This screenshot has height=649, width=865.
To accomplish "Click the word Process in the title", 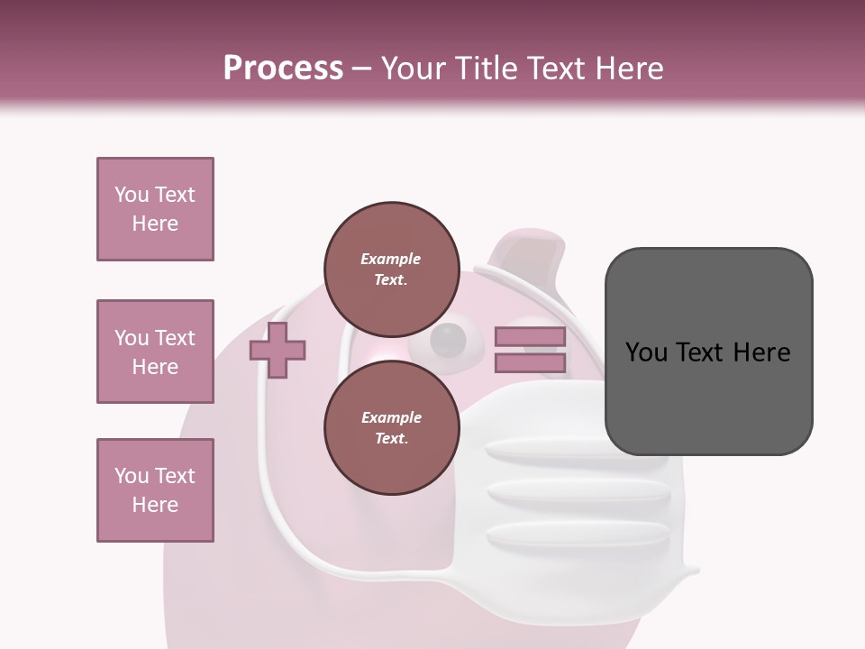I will [283, 69].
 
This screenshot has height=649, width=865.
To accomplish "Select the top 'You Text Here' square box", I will [155, 209].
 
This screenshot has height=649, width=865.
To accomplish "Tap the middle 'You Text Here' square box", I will [155, 352].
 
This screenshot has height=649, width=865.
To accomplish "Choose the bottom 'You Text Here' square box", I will [155, 490].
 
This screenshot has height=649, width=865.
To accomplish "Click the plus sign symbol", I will [278, 350].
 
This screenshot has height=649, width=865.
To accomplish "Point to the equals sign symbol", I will [530, 350].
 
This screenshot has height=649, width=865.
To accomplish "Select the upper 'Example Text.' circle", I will [391, 269].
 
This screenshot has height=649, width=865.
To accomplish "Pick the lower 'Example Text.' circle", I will [391, 427].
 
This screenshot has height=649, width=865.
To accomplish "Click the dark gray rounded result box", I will [708, 352].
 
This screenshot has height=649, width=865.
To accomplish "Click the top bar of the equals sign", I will [530, 337].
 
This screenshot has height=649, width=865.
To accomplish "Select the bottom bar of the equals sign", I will [530, 363].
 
